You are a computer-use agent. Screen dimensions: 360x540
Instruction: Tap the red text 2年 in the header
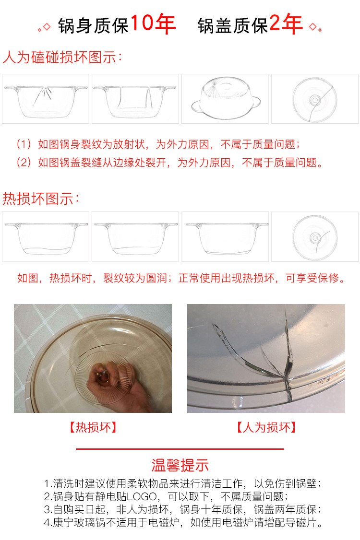tap(286, 24)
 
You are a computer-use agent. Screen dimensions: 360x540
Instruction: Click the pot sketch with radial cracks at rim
tap(46, 99)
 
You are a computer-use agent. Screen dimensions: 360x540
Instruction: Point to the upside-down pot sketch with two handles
tap(225, 99)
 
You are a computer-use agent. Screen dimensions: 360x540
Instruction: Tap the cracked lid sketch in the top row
tap(315, 99)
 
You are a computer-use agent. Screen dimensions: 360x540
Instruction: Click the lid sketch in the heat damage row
tap(315, 236)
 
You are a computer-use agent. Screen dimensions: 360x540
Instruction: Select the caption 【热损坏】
tap(93, 427)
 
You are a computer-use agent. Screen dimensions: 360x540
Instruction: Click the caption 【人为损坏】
tap(266, 427)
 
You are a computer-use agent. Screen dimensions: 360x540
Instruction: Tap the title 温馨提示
tap(180, 465)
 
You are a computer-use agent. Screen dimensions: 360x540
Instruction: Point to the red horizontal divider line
tap(180, 449)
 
